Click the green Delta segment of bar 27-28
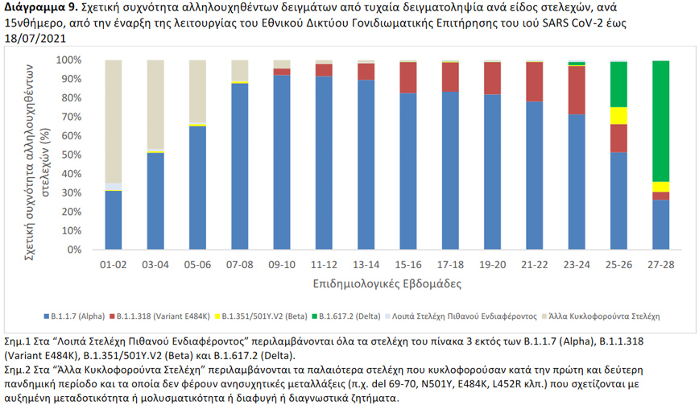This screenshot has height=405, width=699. click(x=661, y=121)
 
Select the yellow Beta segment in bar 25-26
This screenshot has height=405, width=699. click(x=618, y=115)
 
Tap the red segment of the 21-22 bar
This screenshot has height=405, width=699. click(x=534, y=81)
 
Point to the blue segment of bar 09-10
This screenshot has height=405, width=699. click(x=282, y=162)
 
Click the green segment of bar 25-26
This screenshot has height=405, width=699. click(x=618, y=84)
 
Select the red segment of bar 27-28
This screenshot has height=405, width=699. click(x=661, y=196)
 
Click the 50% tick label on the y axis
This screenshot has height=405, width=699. click(x=72, y=155)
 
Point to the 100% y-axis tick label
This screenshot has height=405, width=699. click(x=69, y=60)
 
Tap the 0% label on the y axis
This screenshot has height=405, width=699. click(x=74, y=250)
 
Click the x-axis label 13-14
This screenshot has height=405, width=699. click(x=366, y=264)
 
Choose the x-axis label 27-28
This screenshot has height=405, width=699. click(x=660, y=264)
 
